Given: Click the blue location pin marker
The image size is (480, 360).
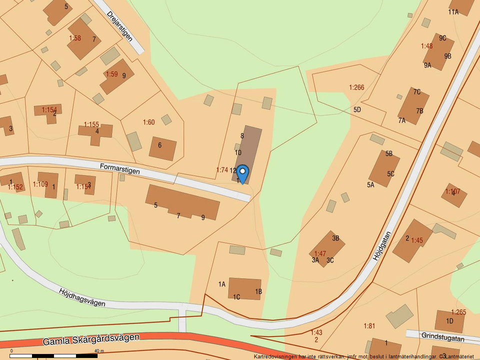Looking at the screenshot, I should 242,173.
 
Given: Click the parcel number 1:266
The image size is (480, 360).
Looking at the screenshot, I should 356,87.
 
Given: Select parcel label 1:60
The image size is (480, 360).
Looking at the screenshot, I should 149,122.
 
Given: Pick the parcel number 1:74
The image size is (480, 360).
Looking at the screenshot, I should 222,170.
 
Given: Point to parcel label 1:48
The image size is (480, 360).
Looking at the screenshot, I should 426,46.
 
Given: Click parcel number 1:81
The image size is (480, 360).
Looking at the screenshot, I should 369,326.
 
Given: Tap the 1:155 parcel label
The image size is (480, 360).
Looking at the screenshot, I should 91,124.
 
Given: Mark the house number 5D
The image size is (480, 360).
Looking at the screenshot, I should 357,109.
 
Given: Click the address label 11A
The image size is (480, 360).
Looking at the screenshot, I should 453,12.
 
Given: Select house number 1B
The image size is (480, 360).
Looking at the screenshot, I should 258,291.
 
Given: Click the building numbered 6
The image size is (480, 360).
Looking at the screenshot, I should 162,148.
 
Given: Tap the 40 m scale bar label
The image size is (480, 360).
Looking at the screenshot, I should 98,351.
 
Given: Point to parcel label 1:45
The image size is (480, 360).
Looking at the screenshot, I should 417,240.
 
